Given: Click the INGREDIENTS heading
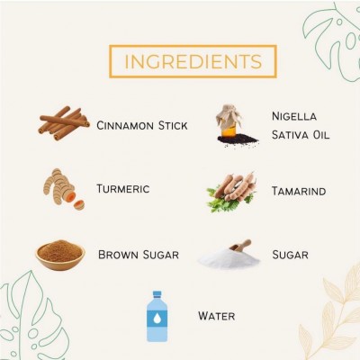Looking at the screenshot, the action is coord(193,61).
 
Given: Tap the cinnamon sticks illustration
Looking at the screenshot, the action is coord(64,123).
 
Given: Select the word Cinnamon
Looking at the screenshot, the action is coord(125,125).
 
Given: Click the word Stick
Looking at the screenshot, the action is coord(173,125).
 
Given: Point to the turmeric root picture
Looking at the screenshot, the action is coord(63,189).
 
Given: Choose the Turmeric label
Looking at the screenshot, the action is coord(123,189).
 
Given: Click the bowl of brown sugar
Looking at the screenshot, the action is coord(60,256).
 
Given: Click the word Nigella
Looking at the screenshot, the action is coord(294,116).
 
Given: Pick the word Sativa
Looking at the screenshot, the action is coord(290,135).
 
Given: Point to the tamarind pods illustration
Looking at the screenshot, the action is coord(231,192).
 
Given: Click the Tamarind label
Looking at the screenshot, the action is coord(299,191).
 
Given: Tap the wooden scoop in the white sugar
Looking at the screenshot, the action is coord(240,246).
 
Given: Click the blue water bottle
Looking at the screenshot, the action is coord(157,316).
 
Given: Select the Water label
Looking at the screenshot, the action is coord(216,316).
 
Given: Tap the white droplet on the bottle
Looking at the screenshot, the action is coord(157,319).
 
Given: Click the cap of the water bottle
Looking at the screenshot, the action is coord(157,293).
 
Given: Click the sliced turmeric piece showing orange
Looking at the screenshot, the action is coord(79,205).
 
